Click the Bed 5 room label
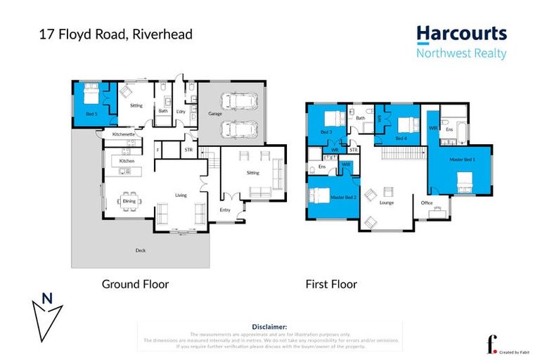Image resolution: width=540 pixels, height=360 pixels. point(91,112)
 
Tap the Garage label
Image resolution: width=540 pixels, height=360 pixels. point(215,113)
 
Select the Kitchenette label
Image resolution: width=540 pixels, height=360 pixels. point(124,134)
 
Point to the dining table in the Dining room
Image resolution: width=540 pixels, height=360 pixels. point(129,201)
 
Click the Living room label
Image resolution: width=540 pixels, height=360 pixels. point(181,195)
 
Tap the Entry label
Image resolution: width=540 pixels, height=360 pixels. point(225,210)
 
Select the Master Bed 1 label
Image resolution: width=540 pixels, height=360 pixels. point(463,160)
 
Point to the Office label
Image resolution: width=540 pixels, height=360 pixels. point(426,202)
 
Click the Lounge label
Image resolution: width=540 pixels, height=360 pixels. point(386,202)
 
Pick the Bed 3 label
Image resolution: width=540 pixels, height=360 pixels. point(326,132)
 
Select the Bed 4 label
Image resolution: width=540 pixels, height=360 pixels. point(400,139)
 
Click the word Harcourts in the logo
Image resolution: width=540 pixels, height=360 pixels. point(461,34)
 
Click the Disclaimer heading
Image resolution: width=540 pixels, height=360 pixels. point(269,327)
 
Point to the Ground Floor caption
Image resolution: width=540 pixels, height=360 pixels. point(135,284)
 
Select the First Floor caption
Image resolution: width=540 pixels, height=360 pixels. point(330,284)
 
